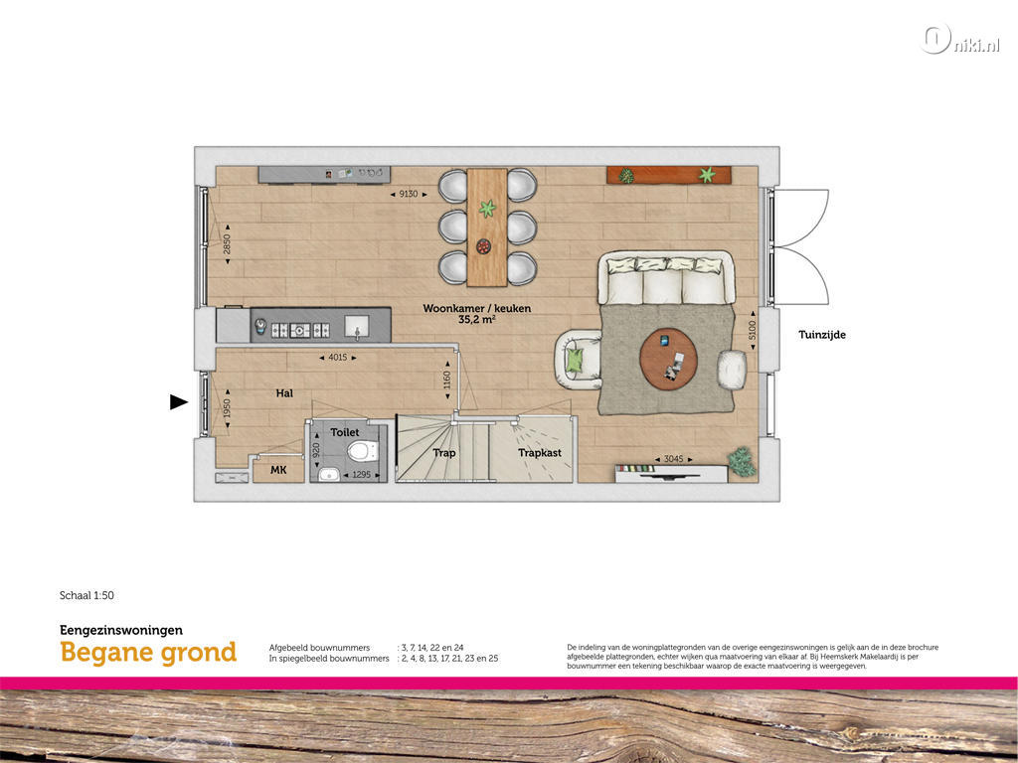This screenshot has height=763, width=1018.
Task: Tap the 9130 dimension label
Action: (x=409, y=194)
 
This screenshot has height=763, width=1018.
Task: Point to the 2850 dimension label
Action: (x=228, y=244)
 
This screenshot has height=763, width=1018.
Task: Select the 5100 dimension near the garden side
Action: (x=753, y=330)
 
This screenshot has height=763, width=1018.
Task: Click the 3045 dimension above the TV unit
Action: (x=673, y=459)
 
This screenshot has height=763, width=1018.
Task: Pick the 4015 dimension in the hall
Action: (x=338, y=357)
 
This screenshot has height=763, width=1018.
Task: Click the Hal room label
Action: (x=284, y=393)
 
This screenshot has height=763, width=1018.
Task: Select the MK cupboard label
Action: (x=278, y=469)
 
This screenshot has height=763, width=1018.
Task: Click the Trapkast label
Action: (x=540, y=453)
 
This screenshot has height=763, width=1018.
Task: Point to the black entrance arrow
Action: (x=179, y=402)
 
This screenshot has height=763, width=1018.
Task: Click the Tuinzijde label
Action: (x=822, y=335)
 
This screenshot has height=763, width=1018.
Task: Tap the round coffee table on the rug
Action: (x=669, y=359)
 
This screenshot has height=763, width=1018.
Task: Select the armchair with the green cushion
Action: (x=579, y=360)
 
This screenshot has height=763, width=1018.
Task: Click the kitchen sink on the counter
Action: (x=357, y=325)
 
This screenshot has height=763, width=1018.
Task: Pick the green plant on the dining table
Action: (x=487, y=209)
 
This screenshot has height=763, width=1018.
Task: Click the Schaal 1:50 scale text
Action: (x=86, y=595)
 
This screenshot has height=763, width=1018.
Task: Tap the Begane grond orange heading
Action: (x=148, y=653)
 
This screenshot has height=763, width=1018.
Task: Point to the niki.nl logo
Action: (x=959, y=40)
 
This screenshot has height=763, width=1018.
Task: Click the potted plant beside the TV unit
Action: (x=742, y=461)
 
